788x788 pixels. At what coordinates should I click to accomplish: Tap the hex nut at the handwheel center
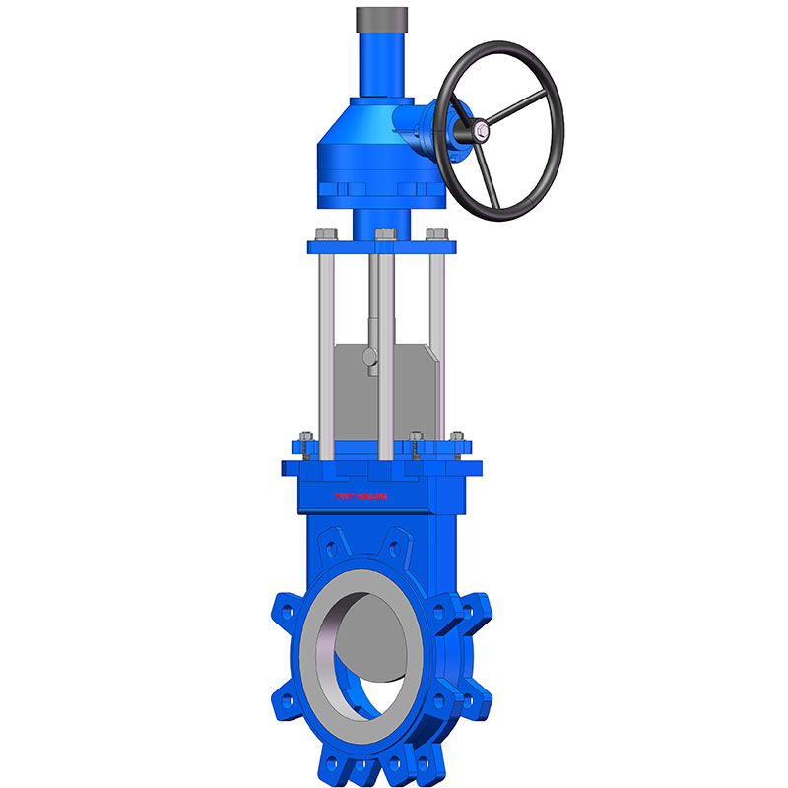pos(481,129)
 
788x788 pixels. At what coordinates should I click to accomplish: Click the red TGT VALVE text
pos(362,497)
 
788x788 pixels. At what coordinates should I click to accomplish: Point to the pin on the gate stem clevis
pos(366,358)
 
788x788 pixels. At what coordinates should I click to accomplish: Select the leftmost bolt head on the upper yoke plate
pos(324,233)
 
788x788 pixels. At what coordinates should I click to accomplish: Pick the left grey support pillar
pos(326,345)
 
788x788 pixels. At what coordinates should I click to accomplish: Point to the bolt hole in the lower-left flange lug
pos(287,701)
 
